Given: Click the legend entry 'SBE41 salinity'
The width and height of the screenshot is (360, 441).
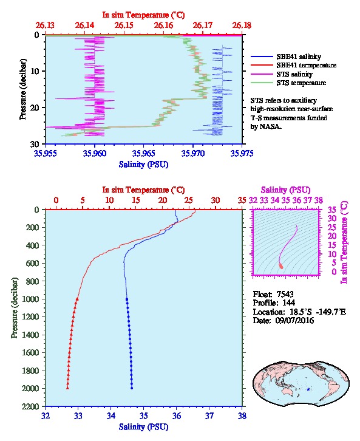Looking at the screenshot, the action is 299,56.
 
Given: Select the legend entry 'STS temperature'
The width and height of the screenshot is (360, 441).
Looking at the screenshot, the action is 301,83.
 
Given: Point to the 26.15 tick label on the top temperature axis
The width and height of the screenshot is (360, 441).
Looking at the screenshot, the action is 124,26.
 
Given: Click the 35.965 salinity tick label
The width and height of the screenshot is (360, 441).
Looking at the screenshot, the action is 144,153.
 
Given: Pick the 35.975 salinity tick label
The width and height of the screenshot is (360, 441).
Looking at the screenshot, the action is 242,153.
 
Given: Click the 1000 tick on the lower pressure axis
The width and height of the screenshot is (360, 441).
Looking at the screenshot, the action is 31,299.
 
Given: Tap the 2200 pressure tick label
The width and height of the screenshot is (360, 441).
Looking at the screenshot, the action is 31,406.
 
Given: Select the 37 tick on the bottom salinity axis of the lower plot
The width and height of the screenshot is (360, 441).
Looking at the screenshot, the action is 209,415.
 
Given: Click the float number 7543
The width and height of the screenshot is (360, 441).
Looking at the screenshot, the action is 285,294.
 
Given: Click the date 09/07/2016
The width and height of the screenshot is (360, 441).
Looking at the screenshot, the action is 294,320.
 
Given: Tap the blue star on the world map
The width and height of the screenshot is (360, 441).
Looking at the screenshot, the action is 308,389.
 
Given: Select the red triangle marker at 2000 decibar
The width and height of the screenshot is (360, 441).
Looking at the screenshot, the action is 67,388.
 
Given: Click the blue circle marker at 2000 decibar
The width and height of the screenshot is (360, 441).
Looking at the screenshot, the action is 132,388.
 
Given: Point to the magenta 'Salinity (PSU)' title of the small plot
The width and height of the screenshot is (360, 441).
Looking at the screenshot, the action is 285,190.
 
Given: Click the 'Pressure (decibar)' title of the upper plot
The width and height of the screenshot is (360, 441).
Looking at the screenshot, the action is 23,89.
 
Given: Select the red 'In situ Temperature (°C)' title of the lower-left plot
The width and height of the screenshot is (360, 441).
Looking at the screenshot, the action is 144,190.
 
